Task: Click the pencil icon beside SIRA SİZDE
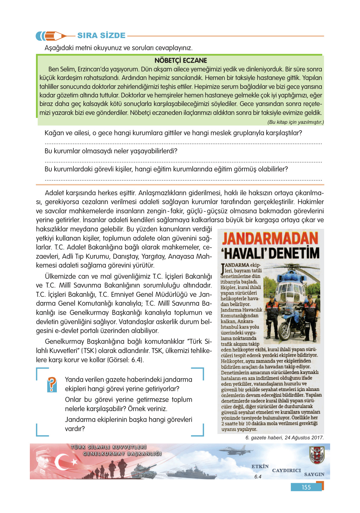(51, 36)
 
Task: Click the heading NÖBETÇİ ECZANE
(181, 60)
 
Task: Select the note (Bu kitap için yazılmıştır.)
(295, 122)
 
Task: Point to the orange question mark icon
(52, 384)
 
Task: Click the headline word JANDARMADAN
(270, 238)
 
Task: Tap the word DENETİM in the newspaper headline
(294, 253)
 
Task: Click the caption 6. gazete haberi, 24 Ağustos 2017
(284, 437)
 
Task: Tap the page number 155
(306, 487)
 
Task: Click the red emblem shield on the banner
(317, 455)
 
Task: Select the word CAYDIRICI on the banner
(286, 470)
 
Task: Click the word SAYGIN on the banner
(314, 474)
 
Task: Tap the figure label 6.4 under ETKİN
(258, 476)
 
